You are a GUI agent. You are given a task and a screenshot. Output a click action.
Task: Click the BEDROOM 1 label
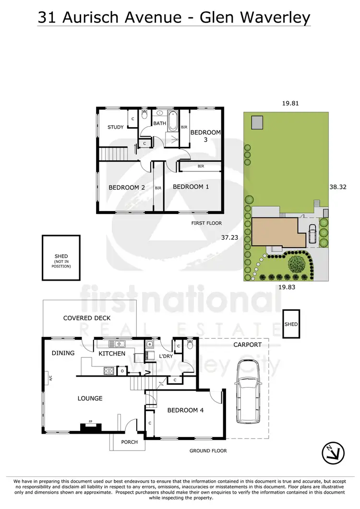[191, 187]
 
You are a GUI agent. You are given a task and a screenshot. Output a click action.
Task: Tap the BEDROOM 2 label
[126, 188]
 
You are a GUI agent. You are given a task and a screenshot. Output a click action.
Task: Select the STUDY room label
[115, 127]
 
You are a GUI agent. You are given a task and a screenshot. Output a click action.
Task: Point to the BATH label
[159, 123]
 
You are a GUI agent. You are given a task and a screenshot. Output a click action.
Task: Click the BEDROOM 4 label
[182, 410]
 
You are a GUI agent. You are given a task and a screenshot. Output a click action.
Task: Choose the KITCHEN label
[112, 354]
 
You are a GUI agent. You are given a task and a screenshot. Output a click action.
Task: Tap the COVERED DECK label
[87, 318]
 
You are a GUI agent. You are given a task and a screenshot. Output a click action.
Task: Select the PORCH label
[130, 442]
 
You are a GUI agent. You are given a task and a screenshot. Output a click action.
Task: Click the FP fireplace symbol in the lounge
[89, 423]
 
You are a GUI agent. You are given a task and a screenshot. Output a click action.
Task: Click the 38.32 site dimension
[338, 188]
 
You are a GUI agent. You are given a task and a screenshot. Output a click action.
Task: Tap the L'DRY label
[166, 356]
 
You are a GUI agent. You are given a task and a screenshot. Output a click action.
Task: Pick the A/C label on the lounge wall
[49, 378]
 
